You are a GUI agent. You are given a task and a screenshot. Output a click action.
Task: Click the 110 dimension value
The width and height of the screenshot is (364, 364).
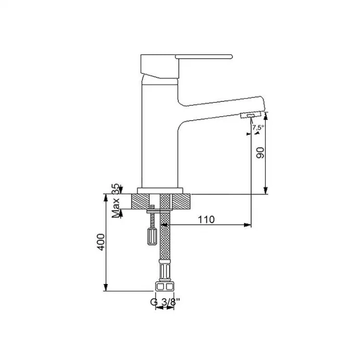click(x=206, y=219)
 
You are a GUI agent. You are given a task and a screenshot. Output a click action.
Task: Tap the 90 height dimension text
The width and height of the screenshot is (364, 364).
click(x=261, y=152)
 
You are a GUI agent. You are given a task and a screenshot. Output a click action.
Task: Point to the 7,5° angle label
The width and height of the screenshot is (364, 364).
click(x=258, y=127)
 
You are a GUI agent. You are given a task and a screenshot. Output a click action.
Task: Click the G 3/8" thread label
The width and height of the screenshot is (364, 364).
click(x=164, y=301)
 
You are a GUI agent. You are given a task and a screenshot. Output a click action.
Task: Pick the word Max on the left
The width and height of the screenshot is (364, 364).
click(x=116, y=207)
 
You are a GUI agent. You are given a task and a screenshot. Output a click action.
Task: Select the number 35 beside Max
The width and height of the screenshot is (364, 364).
click(x=115, y=188)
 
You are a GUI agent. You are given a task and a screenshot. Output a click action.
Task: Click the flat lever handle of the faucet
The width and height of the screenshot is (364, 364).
click(x=203, y=56)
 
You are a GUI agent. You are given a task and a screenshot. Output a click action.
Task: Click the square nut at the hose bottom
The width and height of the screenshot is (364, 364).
click(x=164, y=287)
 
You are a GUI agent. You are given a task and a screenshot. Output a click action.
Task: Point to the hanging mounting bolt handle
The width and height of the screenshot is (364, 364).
click(x=151, y=236)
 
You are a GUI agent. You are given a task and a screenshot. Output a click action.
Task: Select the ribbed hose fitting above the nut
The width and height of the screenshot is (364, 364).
click(x=164, y=272)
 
